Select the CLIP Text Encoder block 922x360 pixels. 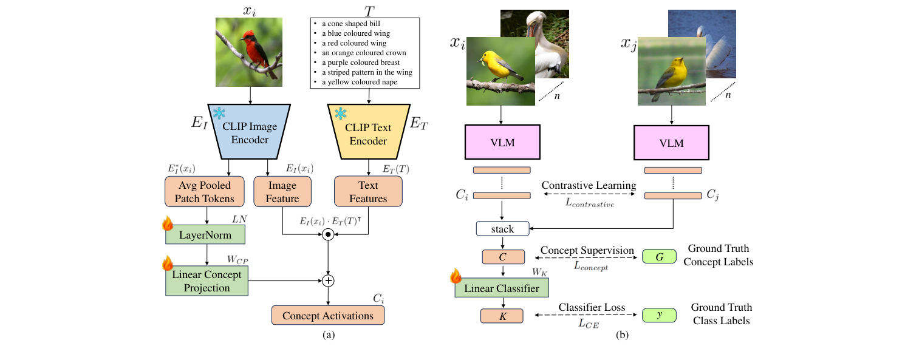[x=368, y=134]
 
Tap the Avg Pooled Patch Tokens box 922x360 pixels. [x=203, y=192]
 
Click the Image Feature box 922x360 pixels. [x=282, y=192]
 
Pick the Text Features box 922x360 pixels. [x=368, y=192]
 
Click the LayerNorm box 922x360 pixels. [x=207, y=234]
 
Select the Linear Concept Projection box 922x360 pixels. [x=207, y=281]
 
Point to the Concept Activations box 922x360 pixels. [x=328, y=315]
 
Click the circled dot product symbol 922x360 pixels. [x=328, y=235]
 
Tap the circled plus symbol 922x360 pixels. [x=328, y=280]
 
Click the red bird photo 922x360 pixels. [x=250, y=52]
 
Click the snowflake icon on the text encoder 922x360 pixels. [x=341, y=114]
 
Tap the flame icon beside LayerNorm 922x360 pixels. [x=168, y=224]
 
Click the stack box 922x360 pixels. [x=502, y=229]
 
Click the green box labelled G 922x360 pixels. [x=659, y=257]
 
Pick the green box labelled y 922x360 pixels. [x=659, y=315]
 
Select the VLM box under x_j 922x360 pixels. [x=672, y=143]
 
